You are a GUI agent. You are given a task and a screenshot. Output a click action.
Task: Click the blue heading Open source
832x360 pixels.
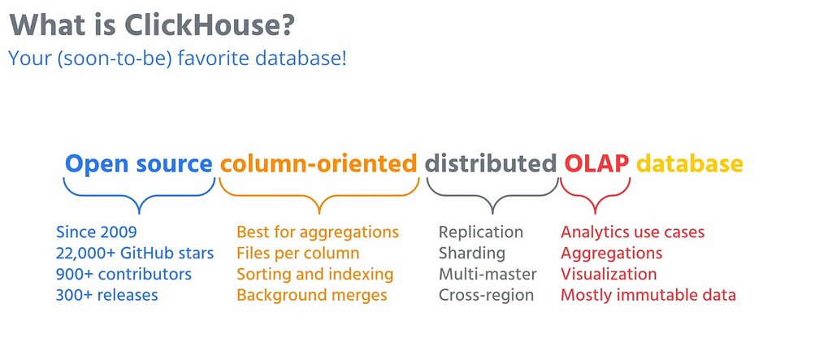pyautogui.click(x=138, y=164)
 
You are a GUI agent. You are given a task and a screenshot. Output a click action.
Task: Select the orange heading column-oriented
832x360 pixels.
pyautogui.click(x=318, y=164)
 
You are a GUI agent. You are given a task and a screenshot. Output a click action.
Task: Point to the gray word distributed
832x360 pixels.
pyautogui.click(x=491, y=164)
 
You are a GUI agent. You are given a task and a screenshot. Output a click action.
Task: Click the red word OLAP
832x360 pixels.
pyautogui.click(x=596, y=164)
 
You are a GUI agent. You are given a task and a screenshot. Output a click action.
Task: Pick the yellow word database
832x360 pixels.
pyautogui.click(x=689, y=164)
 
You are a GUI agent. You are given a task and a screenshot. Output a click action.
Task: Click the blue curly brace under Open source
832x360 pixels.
pyautogui.click(x=139, y=195)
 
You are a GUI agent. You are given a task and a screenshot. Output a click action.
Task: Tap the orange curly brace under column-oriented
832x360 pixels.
pyautogui.click(x=319, y=195)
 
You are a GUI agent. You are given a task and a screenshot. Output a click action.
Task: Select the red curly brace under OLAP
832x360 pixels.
pyautogui.click(x=596, y=195)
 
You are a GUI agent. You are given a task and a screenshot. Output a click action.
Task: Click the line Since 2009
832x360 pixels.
pyautogui.click(x=96, y=232)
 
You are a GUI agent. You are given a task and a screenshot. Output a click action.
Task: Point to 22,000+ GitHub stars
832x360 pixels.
pyautogui.click(x=135, y=254)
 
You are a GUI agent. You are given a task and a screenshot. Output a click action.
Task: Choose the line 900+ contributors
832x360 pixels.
pyautogui.click(x=123, y=274)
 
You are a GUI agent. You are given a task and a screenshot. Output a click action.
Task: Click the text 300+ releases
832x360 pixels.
pyautogui.click(x=106, y=295)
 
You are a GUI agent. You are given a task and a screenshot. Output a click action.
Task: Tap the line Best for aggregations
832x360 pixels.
pyautogui.click(x=318, y=232)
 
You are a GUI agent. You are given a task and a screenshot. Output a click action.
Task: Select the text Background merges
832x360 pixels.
pyautogui.click(x=312, y=295)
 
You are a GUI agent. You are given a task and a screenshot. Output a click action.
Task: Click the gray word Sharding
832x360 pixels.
pyautogui.click(x=472, y=254)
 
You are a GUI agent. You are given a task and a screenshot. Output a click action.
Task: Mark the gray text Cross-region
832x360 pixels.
pyautogui.click(x=486, y=295)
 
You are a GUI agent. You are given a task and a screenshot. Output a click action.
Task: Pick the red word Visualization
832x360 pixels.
pyautogui.click(x=609, y=274)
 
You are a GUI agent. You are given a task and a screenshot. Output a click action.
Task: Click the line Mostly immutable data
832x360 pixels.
pyautogui.click(x=648, y=295)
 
